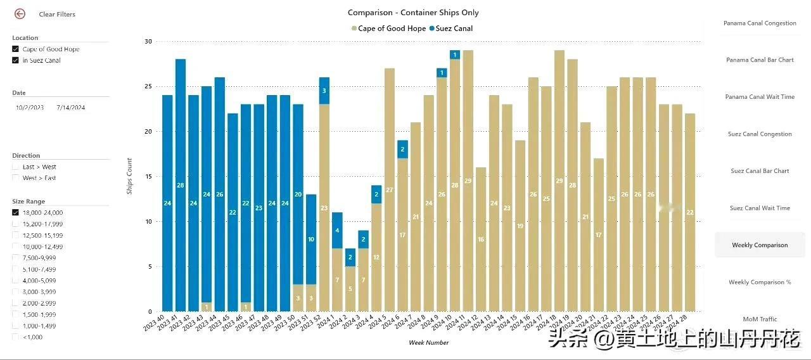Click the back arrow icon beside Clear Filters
20,13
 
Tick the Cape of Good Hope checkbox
15,49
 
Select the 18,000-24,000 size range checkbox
15,213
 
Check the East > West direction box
15,167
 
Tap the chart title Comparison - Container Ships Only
413,13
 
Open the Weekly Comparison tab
760,245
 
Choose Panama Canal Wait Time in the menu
760,97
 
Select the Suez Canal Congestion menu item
760,134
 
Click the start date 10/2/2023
30,108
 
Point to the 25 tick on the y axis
148,86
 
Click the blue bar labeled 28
181,185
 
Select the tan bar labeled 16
481,240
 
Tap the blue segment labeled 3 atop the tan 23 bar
324,91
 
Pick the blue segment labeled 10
311,239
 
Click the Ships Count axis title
130,176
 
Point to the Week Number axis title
428,343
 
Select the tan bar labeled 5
350,289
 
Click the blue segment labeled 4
337,230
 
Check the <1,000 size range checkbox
15,337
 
